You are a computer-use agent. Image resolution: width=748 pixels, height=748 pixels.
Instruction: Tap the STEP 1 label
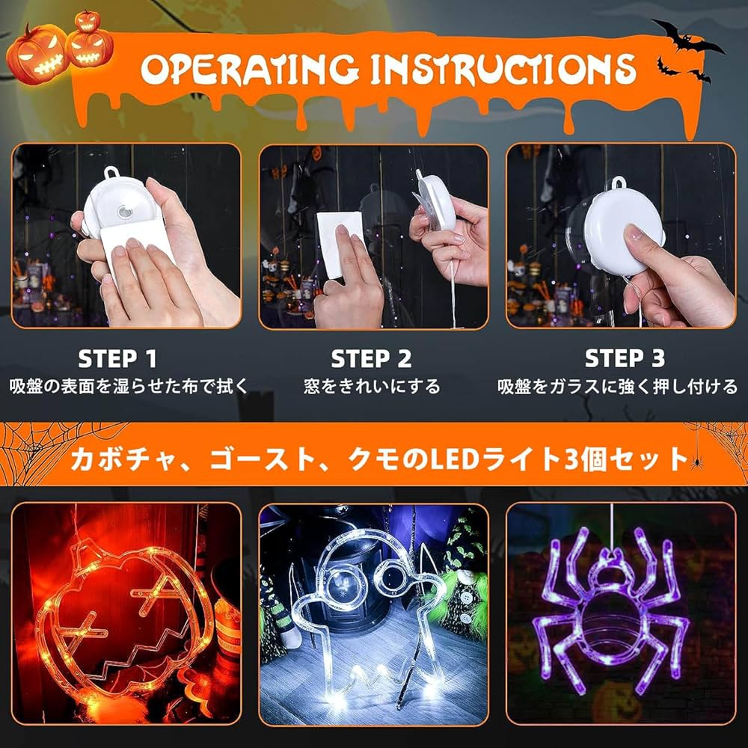tap(117, 359)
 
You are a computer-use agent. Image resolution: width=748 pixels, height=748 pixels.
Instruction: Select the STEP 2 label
tap(372, 359)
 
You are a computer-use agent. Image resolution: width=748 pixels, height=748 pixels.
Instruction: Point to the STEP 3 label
tap(625, 359)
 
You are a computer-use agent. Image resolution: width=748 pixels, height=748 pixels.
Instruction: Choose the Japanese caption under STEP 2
tap(372, 387)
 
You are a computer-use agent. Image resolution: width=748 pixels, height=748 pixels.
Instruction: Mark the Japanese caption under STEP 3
tap(618, 387)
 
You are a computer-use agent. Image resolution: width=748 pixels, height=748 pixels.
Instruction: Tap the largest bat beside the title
tap(687, 37)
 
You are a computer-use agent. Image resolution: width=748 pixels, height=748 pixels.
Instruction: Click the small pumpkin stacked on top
tap(88, 20)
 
